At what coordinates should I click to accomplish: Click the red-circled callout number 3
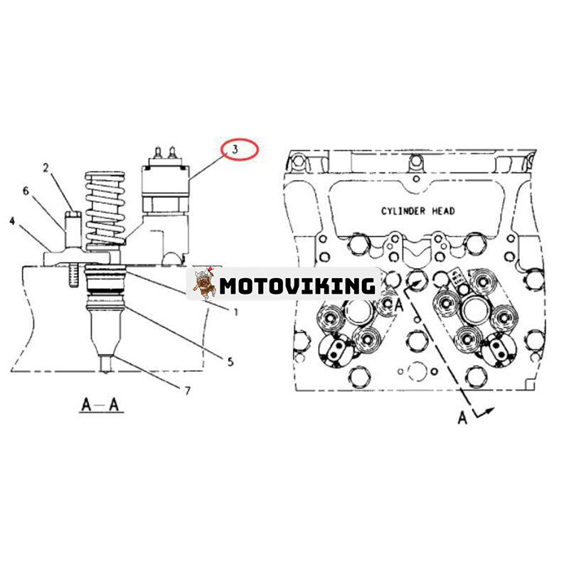pyautogui.click(x=240, y=149)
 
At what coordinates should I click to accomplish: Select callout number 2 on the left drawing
pyautogui.click(x=45, y=168)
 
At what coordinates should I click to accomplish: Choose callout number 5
pyautogui.click(x=230, y=361)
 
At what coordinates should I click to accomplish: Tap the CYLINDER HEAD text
pyautogui.click(x=418, y=211)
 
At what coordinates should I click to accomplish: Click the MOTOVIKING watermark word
pyautogui.click(x=297, y=286)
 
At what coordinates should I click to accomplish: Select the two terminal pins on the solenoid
pyautogui.click(x=164, y=152)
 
